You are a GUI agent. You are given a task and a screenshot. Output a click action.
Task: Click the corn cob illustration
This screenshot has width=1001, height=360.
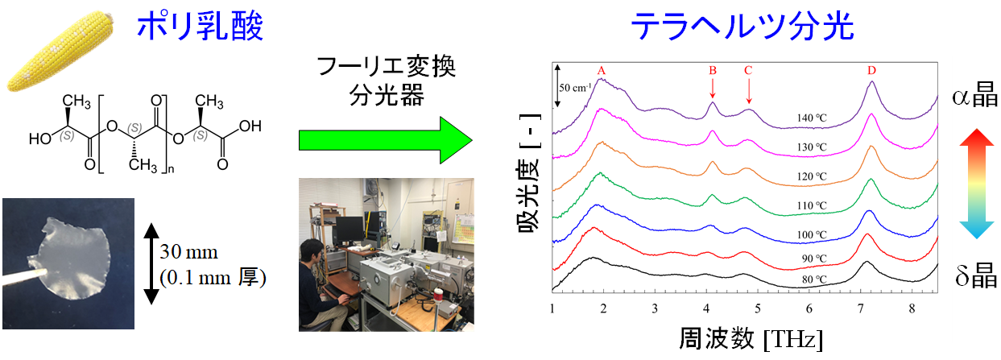[60, 52]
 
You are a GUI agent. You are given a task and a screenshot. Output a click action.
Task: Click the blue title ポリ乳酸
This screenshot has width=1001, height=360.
[200, 26]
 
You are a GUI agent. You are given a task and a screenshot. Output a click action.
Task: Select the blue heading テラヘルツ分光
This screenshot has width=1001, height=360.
[742, 27]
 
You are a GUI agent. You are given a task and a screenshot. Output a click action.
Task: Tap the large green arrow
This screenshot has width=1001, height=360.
[385, 140]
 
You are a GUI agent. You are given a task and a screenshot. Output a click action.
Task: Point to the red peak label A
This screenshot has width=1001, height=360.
[601, 71]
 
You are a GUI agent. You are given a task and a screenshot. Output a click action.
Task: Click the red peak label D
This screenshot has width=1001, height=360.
[872, 70]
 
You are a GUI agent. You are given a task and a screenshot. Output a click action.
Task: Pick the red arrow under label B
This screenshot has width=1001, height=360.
[713, 88]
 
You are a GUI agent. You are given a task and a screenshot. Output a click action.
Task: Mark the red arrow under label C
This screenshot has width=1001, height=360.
[748, 91]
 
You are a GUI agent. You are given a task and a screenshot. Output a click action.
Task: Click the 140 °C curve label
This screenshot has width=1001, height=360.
[812, 118]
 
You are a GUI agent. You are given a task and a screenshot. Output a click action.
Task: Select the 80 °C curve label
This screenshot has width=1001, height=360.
[814, 279]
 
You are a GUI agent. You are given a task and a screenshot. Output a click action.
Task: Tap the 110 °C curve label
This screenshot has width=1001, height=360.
[812, 206]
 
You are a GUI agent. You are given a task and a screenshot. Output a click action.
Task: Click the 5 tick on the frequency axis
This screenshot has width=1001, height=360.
[758, 308]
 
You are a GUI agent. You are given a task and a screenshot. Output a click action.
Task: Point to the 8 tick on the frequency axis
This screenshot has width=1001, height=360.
[912, 308]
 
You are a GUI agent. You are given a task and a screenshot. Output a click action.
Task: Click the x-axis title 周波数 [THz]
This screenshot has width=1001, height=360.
[751, 338]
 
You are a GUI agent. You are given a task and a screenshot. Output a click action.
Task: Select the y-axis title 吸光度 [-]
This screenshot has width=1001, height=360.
[530, 173]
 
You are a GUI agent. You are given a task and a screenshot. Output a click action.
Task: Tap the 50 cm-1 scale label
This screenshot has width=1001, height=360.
[575, 88]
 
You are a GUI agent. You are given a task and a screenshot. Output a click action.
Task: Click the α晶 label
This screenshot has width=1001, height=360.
[974, 95]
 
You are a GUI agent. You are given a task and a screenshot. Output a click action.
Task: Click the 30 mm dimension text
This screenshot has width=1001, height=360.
[189, 252]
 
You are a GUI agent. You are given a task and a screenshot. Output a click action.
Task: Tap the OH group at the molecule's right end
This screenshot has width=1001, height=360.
[250, 126]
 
